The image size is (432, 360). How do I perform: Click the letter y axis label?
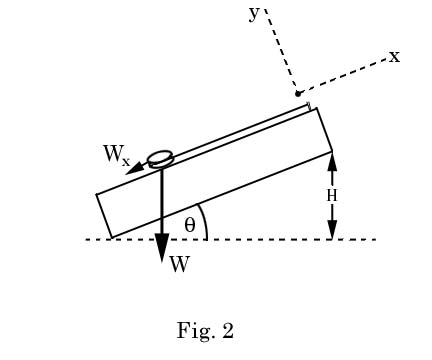click(254, 12)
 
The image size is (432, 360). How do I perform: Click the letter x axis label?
click(394, 56)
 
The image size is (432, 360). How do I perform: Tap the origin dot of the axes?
click(298, 94)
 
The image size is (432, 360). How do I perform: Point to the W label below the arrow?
click(179, 265)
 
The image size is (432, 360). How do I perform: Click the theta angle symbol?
click(190, 223)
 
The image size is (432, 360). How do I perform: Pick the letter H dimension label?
click(332, 195)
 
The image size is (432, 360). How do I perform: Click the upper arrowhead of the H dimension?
click(332, 158)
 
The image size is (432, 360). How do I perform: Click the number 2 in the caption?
click(228, 331)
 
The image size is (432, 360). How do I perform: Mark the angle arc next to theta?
click(205, 221)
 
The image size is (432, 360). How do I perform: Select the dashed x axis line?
click(345, 75)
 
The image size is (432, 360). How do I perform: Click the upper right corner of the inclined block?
click(317, 108)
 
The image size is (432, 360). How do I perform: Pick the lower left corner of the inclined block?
click(111, 238)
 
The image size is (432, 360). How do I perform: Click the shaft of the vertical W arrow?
click(161, 205)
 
